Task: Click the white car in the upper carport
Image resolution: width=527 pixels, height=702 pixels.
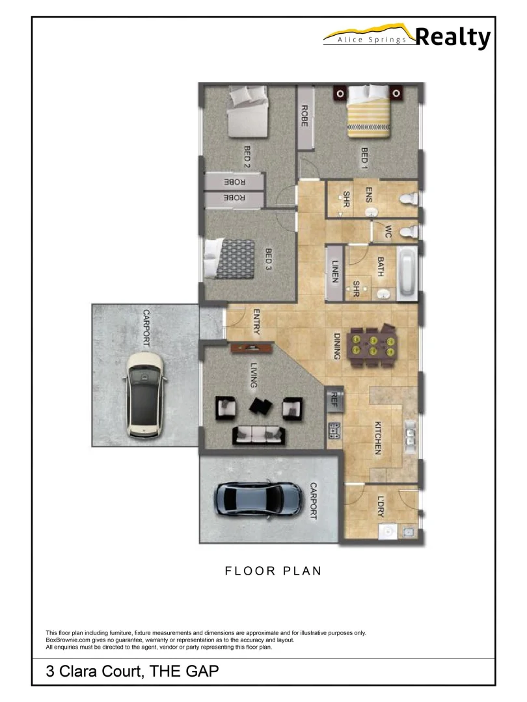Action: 145,395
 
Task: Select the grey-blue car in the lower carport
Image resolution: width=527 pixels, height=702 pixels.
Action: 258,499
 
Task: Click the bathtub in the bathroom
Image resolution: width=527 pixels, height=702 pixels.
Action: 408,273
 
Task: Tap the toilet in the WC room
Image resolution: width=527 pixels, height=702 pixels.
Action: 407,231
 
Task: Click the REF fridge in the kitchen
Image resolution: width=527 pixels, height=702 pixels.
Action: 335,397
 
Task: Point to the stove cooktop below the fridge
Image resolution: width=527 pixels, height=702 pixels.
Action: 334,429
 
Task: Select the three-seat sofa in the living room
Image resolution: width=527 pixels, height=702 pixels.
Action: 258,434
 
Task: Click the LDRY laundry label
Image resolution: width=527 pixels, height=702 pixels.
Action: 381,507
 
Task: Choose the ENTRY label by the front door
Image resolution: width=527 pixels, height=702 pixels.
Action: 256,322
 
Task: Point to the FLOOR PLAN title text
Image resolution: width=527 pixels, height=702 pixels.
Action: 273,571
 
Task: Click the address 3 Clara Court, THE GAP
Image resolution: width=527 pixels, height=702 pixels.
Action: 132,671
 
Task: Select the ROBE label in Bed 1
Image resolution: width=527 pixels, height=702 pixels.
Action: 304,116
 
